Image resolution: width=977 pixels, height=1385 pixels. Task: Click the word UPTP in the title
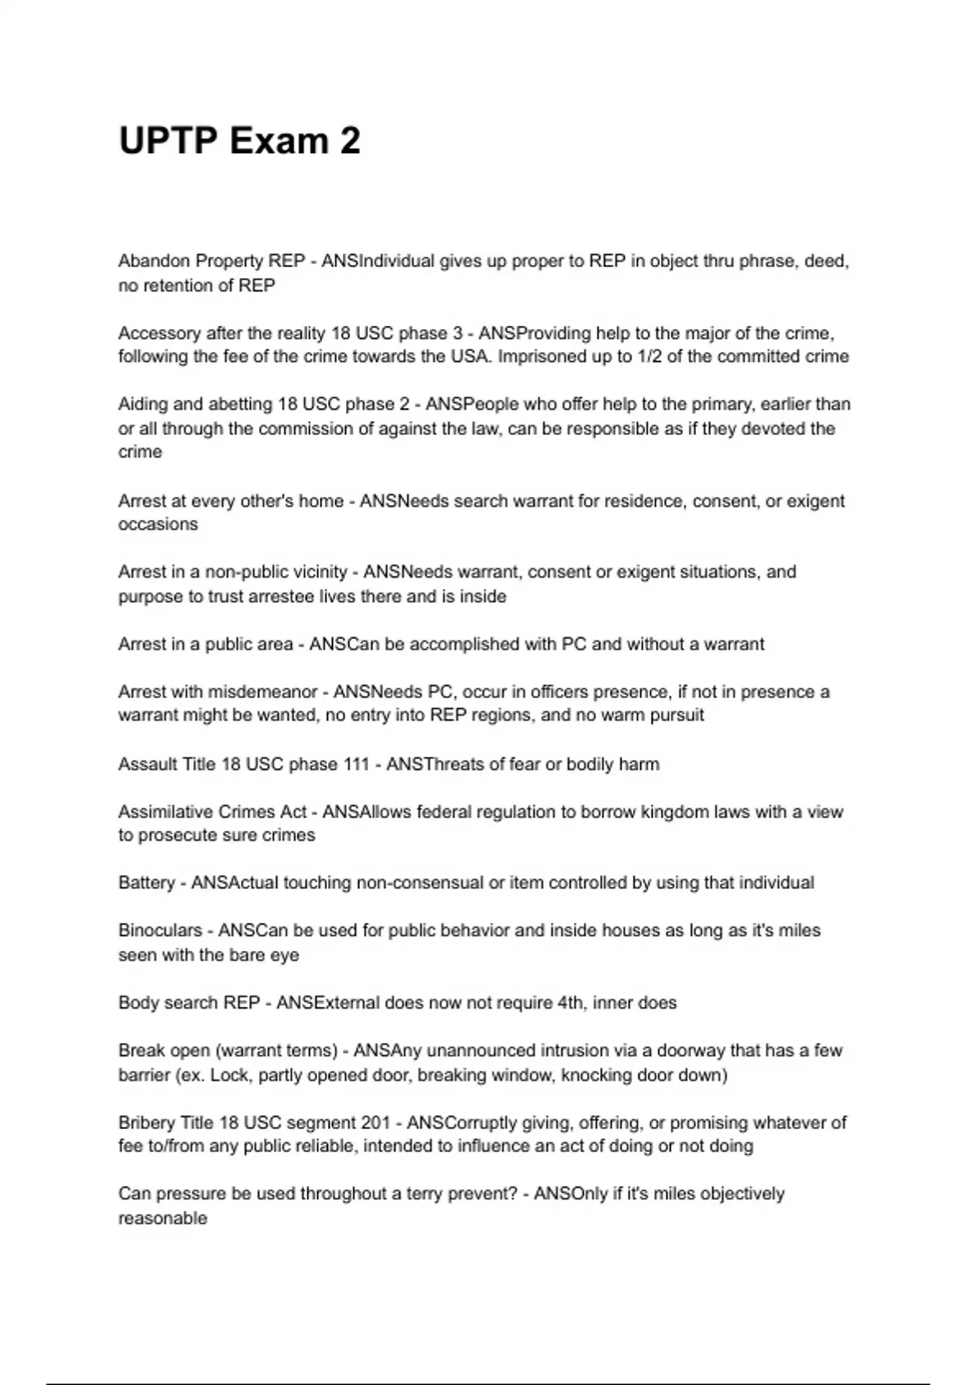point(169,141)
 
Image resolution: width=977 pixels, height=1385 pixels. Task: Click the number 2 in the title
point(350,141)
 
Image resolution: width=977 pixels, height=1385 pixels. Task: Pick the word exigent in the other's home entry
point(816,501)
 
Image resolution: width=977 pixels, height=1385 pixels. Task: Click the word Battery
point(147,883)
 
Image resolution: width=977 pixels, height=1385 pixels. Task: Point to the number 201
point(375,1123)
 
